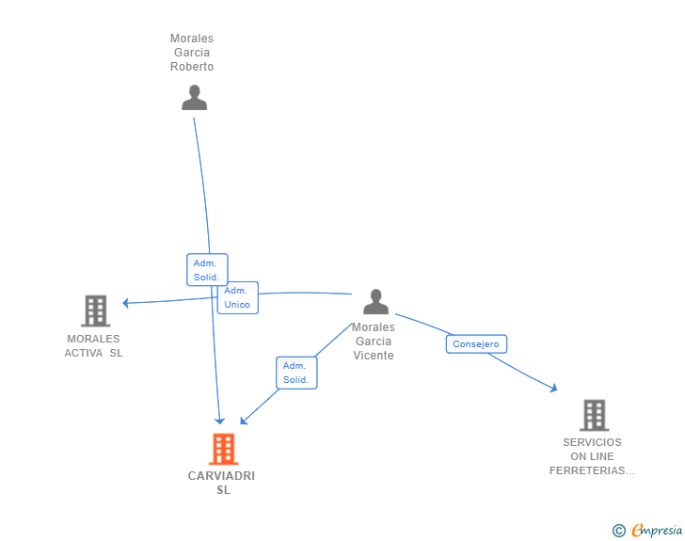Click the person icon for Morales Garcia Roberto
coord(194,98)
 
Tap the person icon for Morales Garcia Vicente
coord(375,301)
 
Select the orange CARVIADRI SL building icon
coord(223,449)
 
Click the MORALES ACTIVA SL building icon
coord(96,310)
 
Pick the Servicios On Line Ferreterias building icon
coord(594,415)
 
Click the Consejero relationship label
coord(476,344)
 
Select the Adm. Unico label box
coord(238,297)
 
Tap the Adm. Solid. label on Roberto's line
coord(207,270)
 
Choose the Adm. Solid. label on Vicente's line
coord(296,373)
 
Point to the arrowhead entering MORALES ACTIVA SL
coord(126,303)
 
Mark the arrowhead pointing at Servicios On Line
coord(553,388)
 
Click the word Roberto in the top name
coord(192,67)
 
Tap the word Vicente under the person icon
coord(374,356)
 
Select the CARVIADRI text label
coord(221,475)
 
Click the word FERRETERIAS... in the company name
coord(592,470)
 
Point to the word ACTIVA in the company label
coord(84,353)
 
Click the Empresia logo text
coord(657,530)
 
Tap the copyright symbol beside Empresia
coord(618,531)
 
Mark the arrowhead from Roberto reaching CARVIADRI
coord(219,421)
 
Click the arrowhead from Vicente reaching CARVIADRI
coord(244,421)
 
